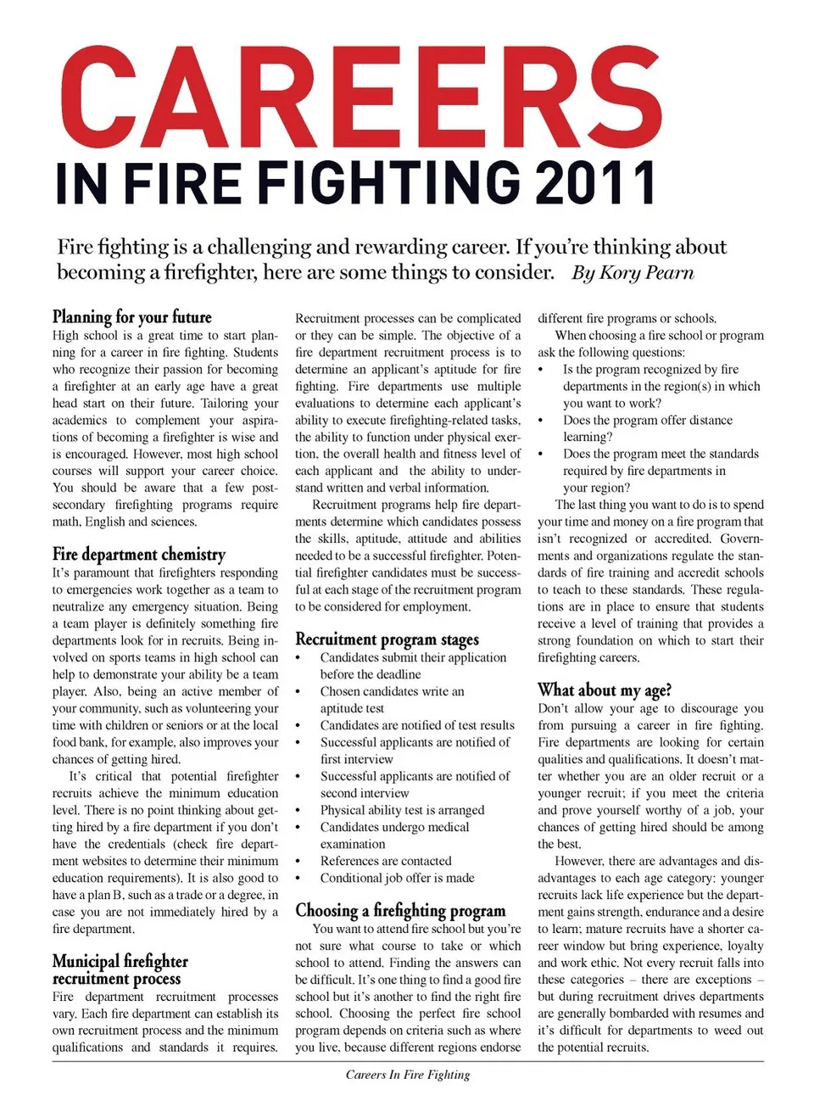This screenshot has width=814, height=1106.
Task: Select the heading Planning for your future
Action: point(131,317)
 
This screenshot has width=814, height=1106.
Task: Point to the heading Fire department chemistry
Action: point(139,555)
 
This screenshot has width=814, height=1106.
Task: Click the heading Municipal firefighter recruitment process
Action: point(120,969)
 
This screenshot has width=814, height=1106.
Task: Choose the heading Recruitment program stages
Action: point(387,640)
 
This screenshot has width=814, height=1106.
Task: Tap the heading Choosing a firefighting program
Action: point(400,911)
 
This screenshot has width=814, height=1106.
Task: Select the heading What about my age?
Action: point(605,690)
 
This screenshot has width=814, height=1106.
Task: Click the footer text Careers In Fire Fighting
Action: point(407,1075)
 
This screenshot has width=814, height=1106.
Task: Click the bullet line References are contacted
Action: point(386,861)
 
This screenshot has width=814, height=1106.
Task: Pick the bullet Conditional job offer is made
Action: point(397,878)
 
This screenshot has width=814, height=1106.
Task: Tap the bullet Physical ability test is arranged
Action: point(402,810)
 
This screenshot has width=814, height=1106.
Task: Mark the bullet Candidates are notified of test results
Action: point(417,725)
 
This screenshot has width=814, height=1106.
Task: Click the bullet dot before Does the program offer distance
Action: point(541,421)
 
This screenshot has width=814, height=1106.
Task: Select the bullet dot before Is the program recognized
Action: point(541,370)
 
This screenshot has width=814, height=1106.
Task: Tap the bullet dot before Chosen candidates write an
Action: point(298,692)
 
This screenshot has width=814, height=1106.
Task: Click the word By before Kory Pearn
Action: point(583,272)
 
